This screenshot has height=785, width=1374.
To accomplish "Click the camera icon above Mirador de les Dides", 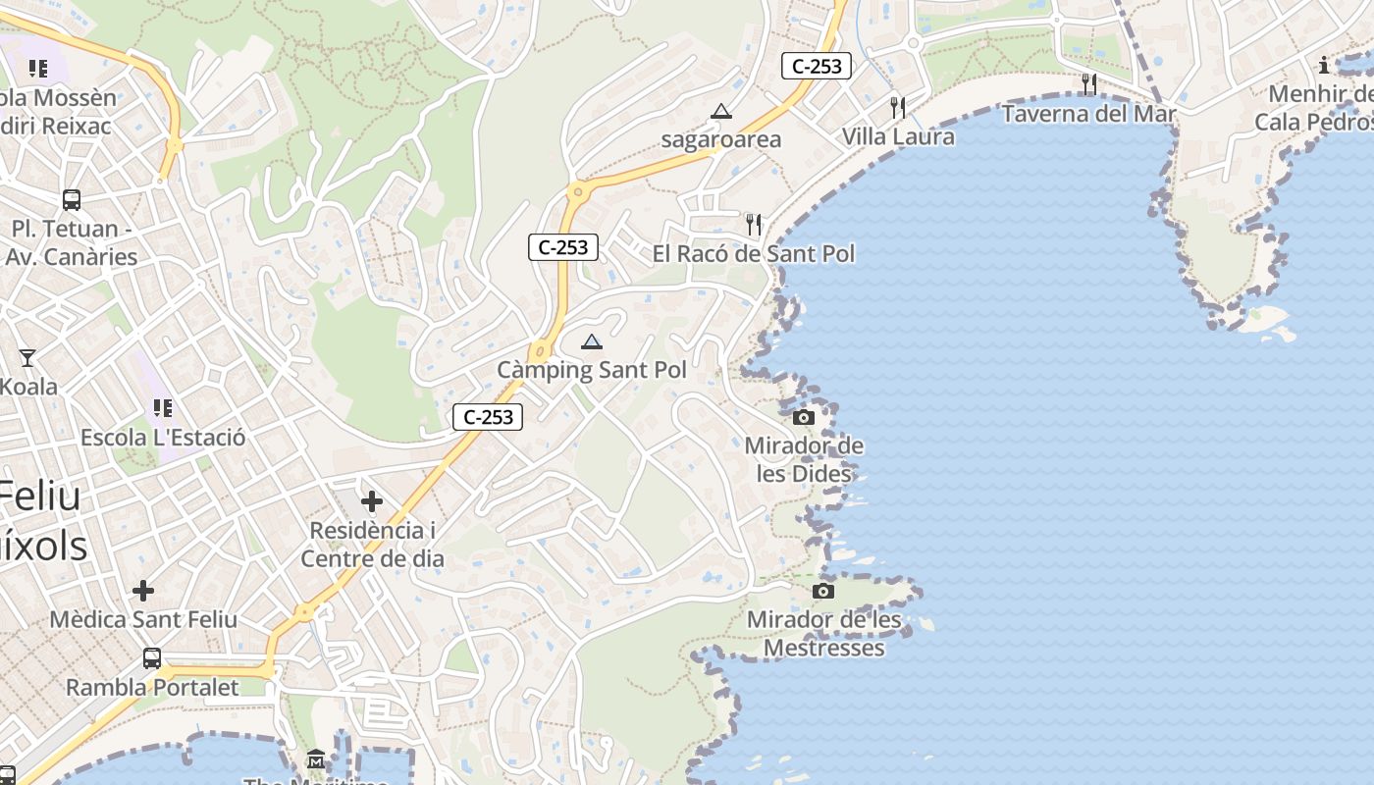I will click(x=804, y=418).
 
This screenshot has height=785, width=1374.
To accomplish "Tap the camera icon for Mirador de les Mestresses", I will click(x=823, y=591).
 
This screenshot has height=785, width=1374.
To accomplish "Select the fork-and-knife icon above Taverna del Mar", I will click(x=1088, y=84).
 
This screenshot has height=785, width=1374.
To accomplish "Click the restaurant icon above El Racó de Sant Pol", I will click(x=754, y=225).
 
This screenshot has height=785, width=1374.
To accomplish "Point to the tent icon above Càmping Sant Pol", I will click(x=591, y=341).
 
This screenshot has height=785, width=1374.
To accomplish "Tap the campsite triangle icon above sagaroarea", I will click(x=721, y=112).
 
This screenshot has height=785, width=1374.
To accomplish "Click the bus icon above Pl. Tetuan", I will click(x=72, y=200).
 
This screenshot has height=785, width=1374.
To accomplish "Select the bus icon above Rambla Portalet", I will click(x=152, y=658).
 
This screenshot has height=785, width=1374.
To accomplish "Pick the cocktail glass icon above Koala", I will click(x=27, y=358).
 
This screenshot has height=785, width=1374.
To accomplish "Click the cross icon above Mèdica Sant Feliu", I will click(x=143, y=591).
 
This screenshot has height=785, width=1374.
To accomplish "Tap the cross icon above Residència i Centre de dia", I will click(x=372, y=502).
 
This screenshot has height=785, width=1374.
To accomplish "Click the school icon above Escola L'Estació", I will click(x=163, y=407).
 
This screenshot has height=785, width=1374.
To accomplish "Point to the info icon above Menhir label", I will click(x=1324, y=66).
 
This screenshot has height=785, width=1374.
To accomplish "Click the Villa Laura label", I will click(x=898, y=136).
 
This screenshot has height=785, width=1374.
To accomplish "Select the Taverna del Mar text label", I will click(x=1088, y=114).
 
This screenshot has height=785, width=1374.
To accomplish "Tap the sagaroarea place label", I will click(x=721, y=139).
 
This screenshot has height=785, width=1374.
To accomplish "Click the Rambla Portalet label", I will click(x=152, y=687).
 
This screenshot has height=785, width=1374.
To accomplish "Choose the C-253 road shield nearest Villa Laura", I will click(x=817, y=67).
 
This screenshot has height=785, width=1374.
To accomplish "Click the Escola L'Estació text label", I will click(x=163, y=438).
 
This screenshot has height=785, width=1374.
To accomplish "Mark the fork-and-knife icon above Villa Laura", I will click(x=898, y=107).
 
